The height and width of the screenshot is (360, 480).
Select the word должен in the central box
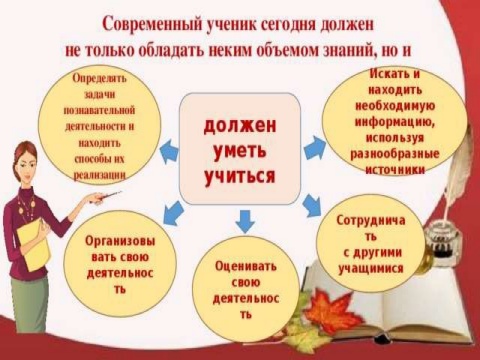tap(240, 126)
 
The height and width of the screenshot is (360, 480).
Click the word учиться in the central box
tap(240, 176)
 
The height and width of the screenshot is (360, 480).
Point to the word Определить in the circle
tap(100, 79)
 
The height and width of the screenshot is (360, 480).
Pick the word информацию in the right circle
tap(395, 122)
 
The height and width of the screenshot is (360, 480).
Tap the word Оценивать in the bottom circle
tap(246, 266)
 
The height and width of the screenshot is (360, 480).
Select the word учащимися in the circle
tap(371, 268)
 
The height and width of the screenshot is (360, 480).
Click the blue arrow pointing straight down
tap(245, 221)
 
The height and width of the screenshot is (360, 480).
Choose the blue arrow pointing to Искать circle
tap(314, 148)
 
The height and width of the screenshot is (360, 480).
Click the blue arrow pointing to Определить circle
tap(168, 151)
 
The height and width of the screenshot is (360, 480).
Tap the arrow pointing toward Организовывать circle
tap(174, 213)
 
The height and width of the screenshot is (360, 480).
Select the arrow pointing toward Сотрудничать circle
tap(312, 205)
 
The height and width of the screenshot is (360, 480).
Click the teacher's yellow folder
tap(33, 245)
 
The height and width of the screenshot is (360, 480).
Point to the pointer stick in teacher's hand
tap(107, 196)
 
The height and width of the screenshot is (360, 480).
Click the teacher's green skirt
tap(29, 303)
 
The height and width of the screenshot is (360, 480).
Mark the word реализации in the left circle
tap(99, 175)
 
